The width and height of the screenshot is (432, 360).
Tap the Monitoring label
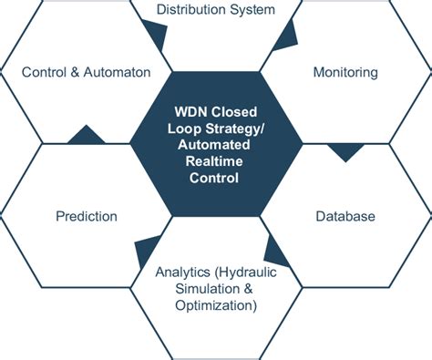(345, 71)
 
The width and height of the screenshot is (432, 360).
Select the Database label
(345, 216)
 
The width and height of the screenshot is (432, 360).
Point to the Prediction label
(86, 216)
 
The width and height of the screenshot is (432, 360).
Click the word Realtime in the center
(215, 162)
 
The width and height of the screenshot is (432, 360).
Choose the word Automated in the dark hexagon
(215, 147)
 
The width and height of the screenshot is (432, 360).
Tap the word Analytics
(184, 272)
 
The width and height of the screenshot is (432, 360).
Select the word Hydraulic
(244, 272)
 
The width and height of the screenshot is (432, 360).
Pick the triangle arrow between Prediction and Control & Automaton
(86, 135)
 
